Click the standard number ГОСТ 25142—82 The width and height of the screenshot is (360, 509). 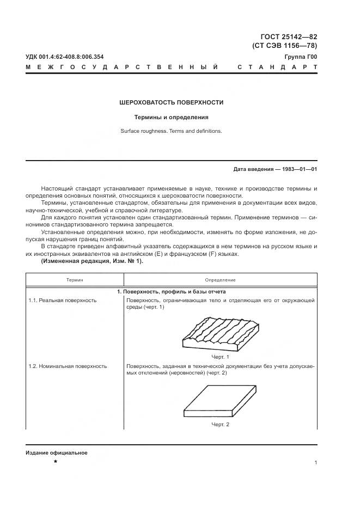tap(285, 36)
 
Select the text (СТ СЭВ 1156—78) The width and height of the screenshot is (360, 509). tap(284, 46)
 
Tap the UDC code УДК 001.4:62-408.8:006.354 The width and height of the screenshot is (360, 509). tap(65, 57)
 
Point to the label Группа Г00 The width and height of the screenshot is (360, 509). tap(301, 57)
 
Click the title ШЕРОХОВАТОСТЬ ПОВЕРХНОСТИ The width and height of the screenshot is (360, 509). tap(172, 102)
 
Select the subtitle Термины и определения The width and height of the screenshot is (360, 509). tap(172, 117)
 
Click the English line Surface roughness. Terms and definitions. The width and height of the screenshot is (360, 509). tap(172, 131)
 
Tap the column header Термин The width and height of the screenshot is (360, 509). tap(75, 280)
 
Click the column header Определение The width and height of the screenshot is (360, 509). tap(221, 280)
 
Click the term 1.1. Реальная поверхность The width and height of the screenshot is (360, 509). tap(63, 300)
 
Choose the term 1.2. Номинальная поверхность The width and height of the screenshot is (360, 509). tap(68, 366)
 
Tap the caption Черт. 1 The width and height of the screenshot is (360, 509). tap(220, 357)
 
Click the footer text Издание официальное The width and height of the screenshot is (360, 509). tap(56, 453)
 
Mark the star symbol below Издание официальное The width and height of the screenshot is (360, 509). tap(55, 462)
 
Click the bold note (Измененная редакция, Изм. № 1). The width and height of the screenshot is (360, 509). tap(92, 261)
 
